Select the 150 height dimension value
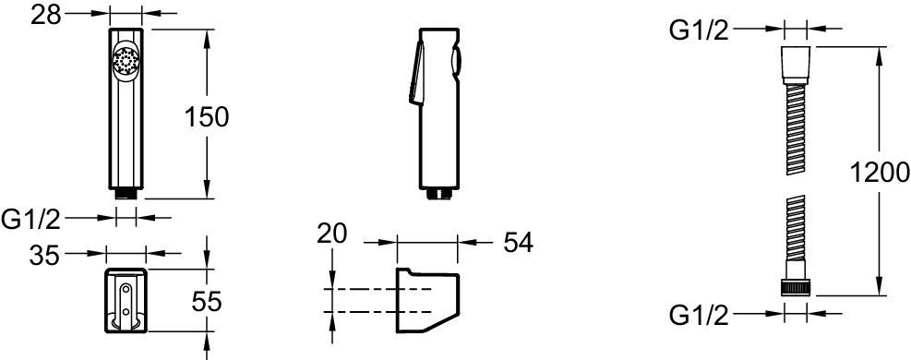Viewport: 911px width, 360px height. tap(206, 118)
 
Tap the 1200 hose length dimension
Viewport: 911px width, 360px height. tap(879, 173)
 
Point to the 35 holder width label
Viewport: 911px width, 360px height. tap(44, 255)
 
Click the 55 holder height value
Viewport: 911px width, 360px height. tap(206, 302)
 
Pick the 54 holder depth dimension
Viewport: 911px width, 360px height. tap(518, 244)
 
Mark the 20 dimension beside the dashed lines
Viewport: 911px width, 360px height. tap(331, 234)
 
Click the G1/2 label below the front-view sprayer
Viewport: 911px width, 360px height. tap(31, 220)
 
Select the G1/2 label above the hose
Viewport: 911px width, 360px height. tap(699, 30)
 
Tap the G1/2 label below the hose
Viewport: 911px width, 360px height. tap(699, 316)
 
